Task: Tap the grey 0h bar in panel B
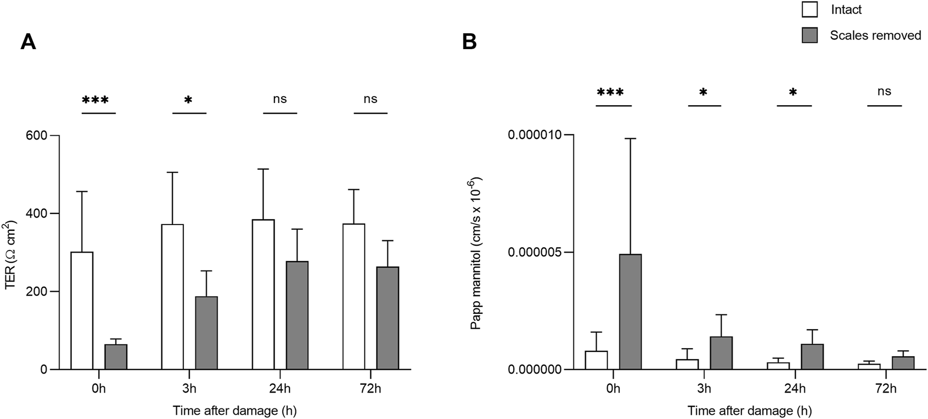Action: point(630,312)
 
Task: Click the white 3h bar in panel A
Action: point(172,296)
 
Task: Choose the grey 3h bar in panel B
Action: point(721,353)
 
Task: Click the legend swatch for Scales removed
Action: point(810,35)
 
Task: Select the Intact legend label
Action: point(846,10)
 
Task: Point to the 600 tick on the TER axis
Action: point(36,136)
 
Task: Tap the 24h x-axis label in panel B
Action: point(794,389)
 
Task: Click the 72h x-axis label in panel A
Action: point(370,389)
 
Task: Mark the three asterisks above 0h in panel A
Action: point(98,100)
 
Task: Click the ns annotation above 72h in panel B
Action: point(884,91)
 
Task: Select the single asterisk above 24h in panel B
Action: point(793,93)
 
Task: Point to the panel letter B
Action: point(469,42)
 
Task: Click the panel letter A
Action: point(28,42)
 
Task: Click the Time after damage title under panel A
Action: point(238,411)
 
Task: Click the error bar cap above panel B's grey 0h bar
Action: point(630,138)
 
